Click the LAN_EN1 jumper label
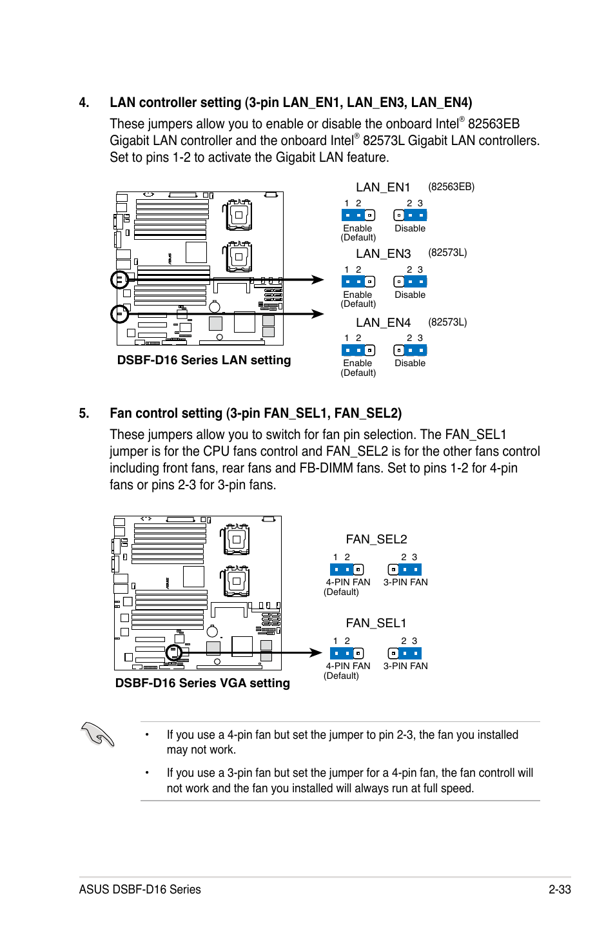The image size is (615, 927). point(383,187)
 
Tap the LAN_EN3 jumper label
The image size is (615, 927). point(383,253)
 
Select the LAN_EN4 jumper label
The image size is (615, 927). point(383,322)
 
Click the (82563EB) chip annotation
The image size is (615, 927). point(451,187)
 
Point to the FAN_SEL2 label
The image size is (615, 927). point(376,539)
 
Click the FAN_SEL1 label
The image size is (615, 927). point(376,623)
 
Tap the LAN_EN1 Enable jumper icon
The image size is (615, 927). point(358,215)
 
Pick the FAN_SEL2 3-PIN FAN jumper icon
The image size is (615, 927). point(405,569)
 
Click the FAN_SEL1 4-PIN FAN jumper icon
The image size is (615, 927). point(347,653)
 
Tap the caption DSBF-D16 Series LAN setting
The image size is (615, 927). point(204,360)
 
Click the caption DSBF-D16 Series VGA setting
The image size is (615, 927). point(202,683)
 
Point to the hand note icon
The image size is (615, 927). point(98,734)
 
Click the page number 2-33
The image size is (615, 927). point(560,890)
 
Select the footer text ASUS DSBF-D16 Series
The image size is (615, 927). point(140,890)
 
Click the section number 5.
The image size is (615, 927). point(83,413)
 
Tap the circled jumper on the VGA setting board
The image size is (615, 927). point(173,652)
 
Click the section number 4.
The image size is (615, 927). point(83,102)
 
